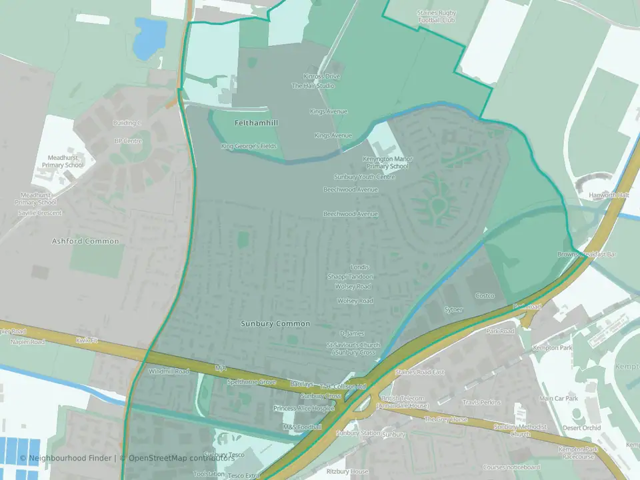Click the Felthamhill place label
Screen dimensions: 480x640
(256, 123)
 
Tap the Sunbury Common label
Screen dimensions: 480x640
(275, 324)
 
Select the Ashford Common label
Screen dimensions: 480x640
(85, 241)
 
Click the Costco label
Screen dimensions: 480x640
(485, 295)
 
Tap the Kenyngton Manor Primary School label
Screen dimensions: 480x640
(387, 163)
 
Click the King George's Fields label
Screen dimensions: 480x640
(249, 146)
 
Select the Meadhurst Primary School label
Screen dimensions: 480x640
(63, 161)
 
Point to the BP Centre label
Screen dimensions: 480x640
(129, 141)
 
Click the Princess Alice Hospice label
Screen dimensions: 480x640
(303, 408)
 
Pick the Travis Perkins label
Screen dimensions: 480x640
(482, 403)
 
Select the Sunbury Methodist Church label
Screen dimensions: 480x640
(520, 430)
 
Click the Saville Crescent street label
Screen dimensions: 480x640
(40, 213)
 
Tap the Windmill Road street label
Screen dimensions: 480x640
(169, 371)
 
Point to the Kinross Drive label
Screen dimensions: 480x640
(321, 77)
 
